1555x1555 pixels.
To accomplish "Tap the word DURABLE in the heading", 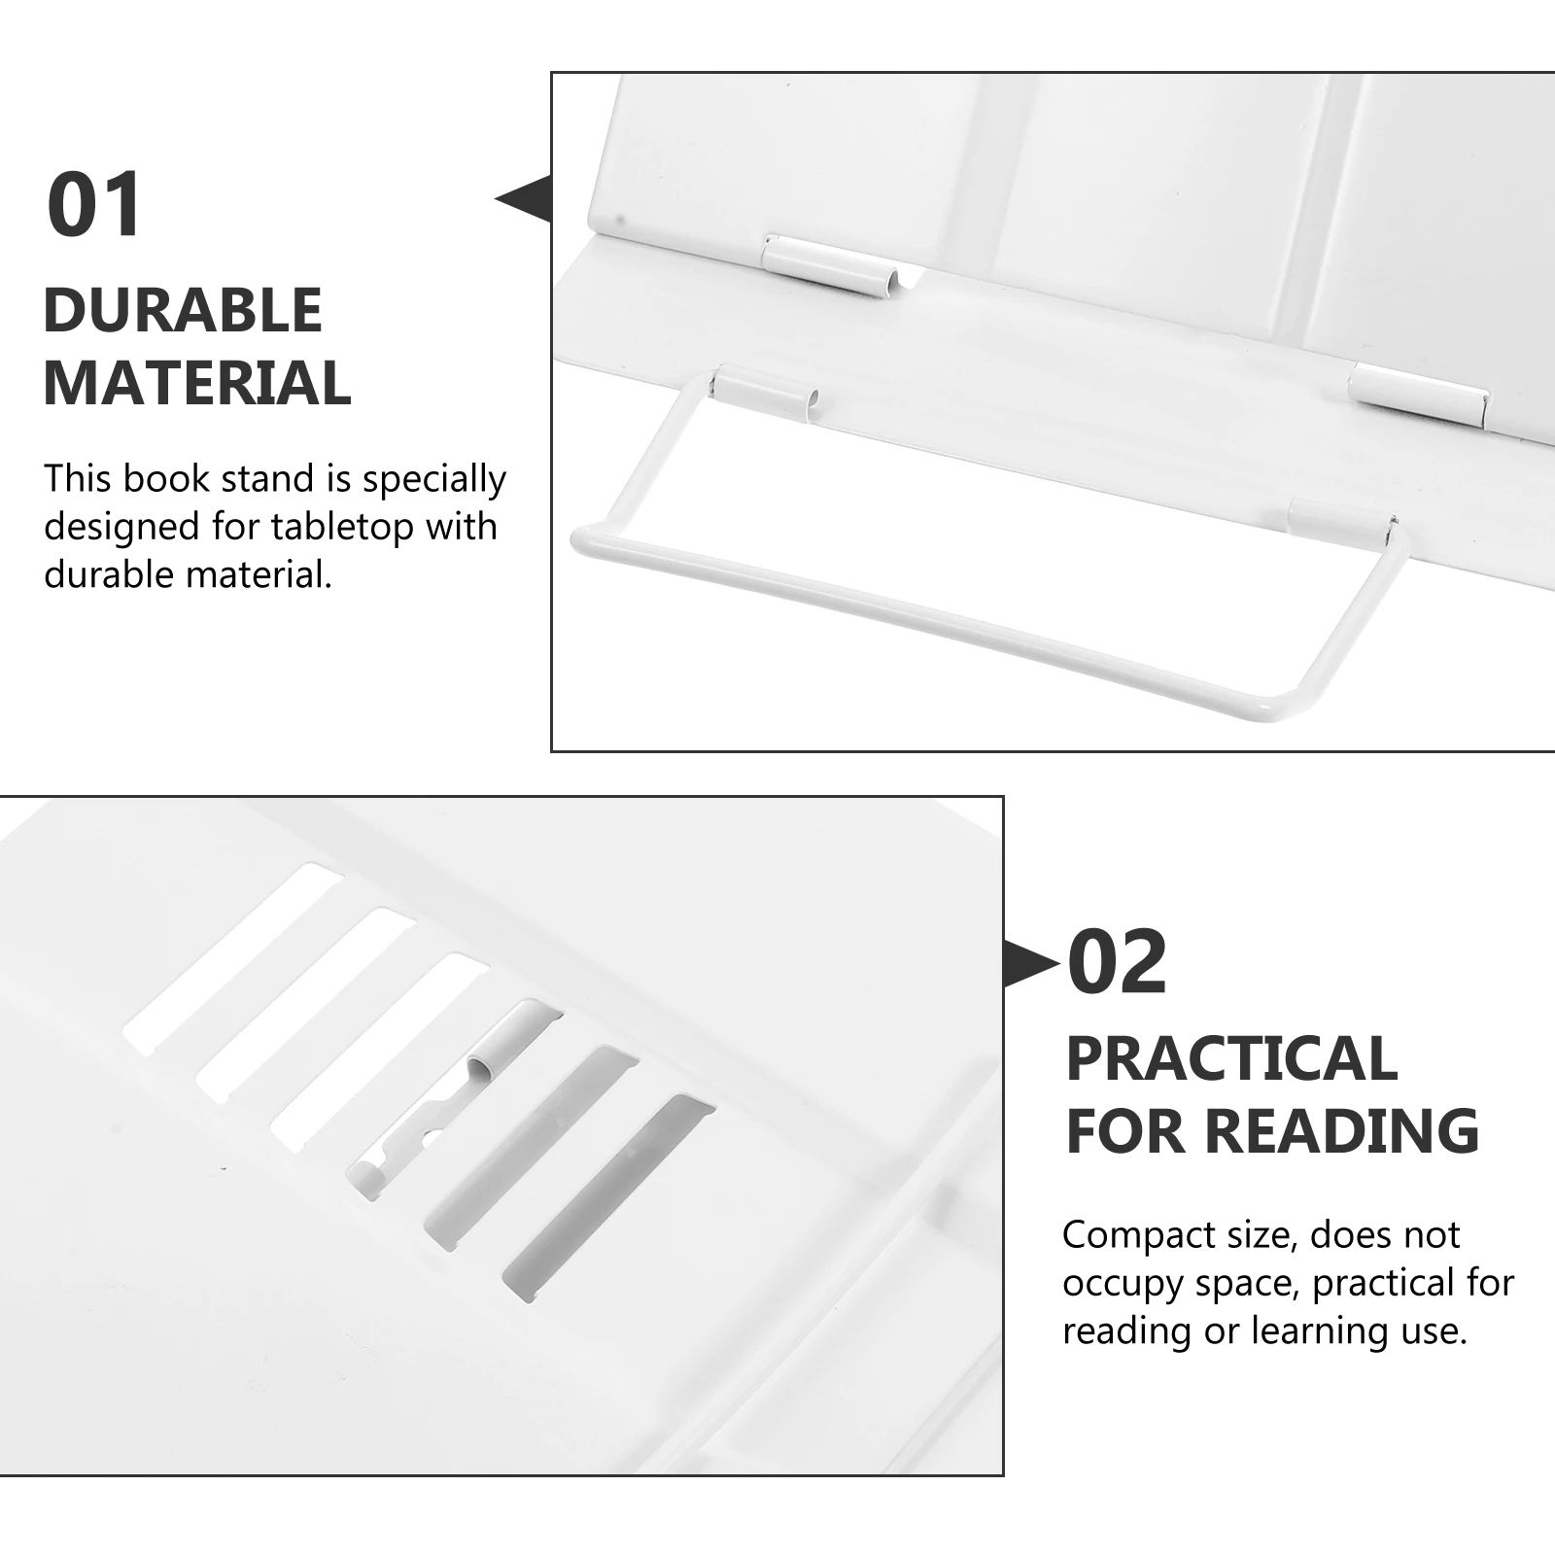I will [183, 311].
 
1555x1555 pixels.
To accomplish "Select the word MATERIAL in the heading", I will [197, 383].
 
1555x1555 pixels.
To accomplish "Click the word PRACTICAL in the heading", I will [1231, 1059].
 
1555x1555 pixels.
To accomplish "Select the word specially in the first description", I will [433, 480].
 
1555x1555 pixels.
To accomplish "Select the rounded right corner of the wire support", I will [1293, 709].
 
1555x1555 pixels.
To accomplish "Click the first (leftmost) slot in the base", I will [233, 957].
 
